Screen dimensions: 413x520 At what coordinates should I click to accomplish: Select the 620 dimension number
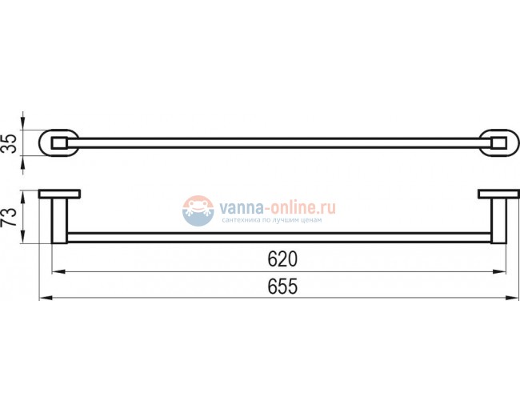(x=282, y=259)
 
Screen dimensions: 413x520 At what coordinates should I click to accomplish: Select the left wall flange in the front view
(x=60, y=193)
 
